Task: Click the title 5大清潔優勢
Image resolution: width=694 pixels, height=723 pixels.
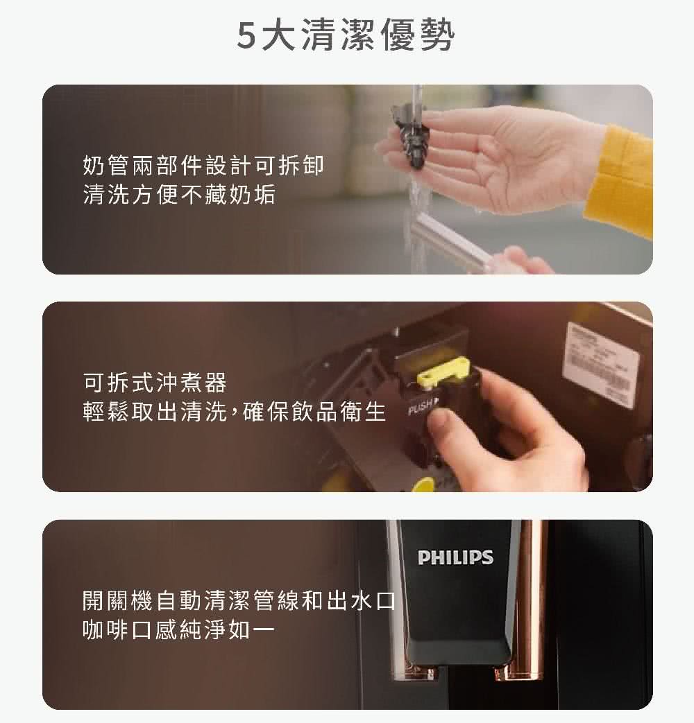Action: click(x=345, y=37)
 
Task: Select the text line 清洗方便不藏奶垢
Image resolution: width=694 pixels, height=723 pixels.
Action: click(x=178, y=195)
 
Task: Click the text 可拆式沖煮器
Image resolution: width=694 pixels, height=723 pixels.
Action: click(x=154, y=382)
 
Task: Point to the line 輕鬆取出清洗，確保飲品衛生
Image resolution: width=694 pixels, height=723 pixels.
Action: click(x=233, y=412)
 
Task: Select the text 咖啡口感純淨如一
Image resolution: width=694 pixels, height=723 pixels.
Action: click(x=178, y=630)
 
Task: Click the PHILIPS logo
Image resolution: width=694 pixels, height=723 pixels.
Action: click(x=455, y=557)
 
